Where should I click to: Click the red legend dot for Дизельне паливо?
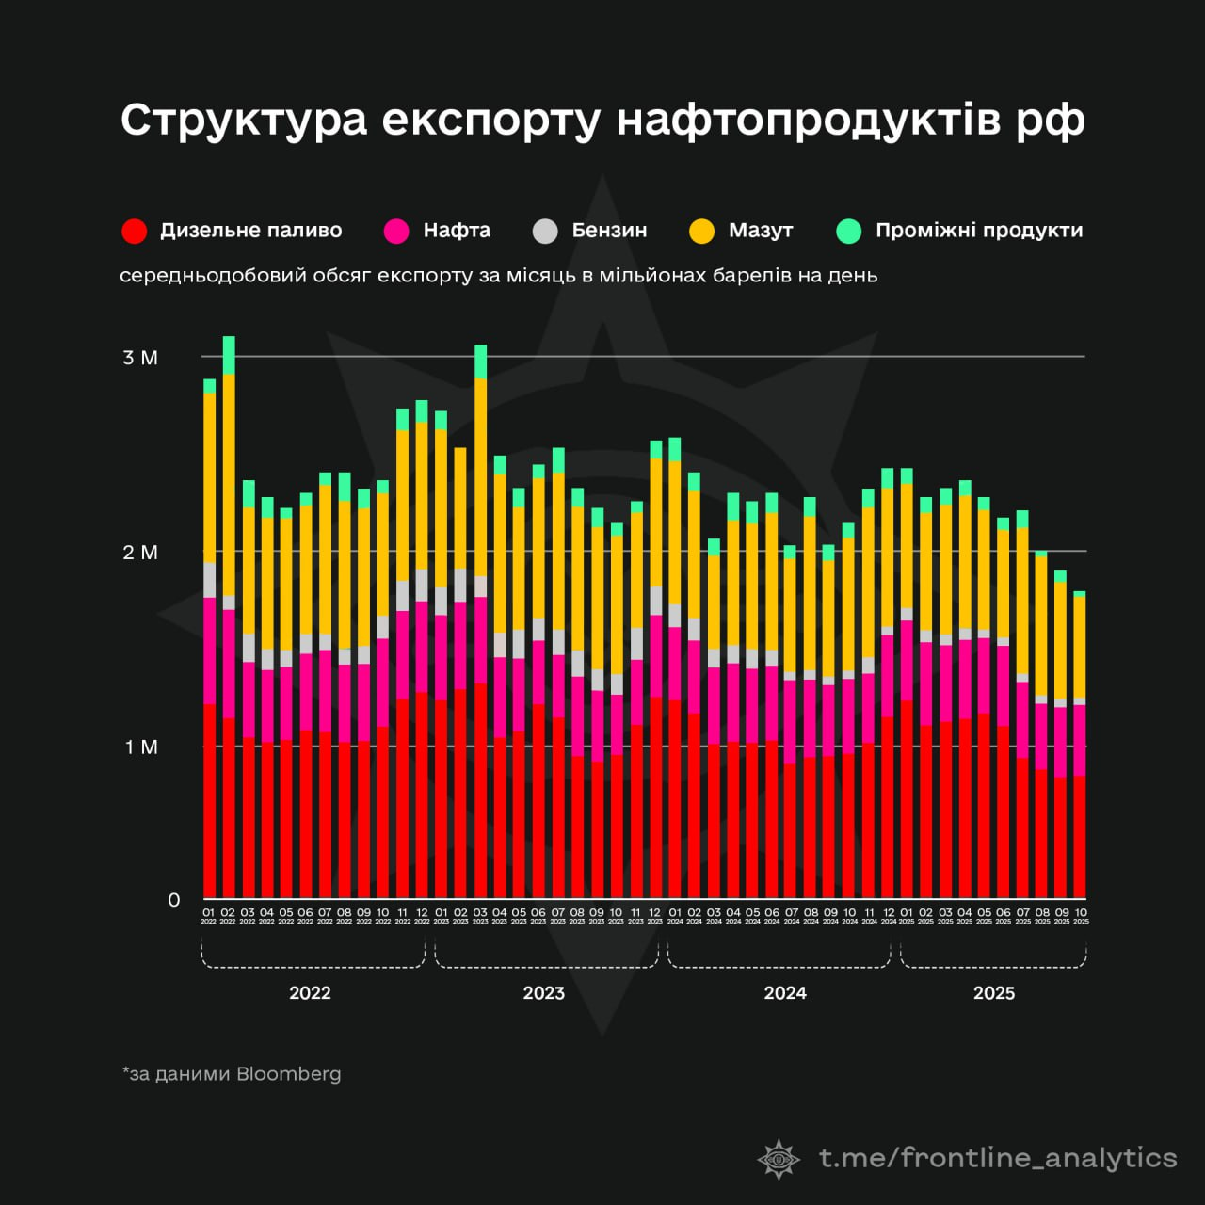135,231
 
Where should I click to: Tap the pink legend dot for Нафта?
396,231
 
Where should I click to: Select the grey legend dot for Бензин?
545,231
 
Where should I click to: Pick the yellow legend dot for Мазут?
701,231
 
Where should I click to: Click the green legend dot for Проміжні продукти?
849,231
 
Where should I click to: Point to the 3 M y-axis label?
140,358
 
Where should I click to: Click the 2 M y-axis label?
140,553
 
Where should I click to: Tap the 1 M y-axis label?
141,747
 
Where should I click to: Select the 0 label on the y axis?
174,900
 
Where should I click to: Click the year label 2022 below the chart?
310,993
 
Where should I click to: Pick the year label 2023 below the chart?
543,993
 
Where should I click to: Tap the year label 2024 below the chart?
785,993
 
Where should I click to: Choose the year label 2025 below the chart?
994,993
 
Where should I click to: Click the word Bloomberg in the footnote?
289,1074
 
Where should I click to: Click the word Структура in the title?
243,120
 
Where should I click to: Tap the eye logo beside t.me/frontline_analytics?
779,1159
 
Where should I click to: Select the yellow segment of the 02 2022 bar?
229,485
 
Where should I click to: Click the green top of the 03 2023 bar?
481,361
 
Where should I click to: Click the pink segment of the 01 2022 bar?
209,651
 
